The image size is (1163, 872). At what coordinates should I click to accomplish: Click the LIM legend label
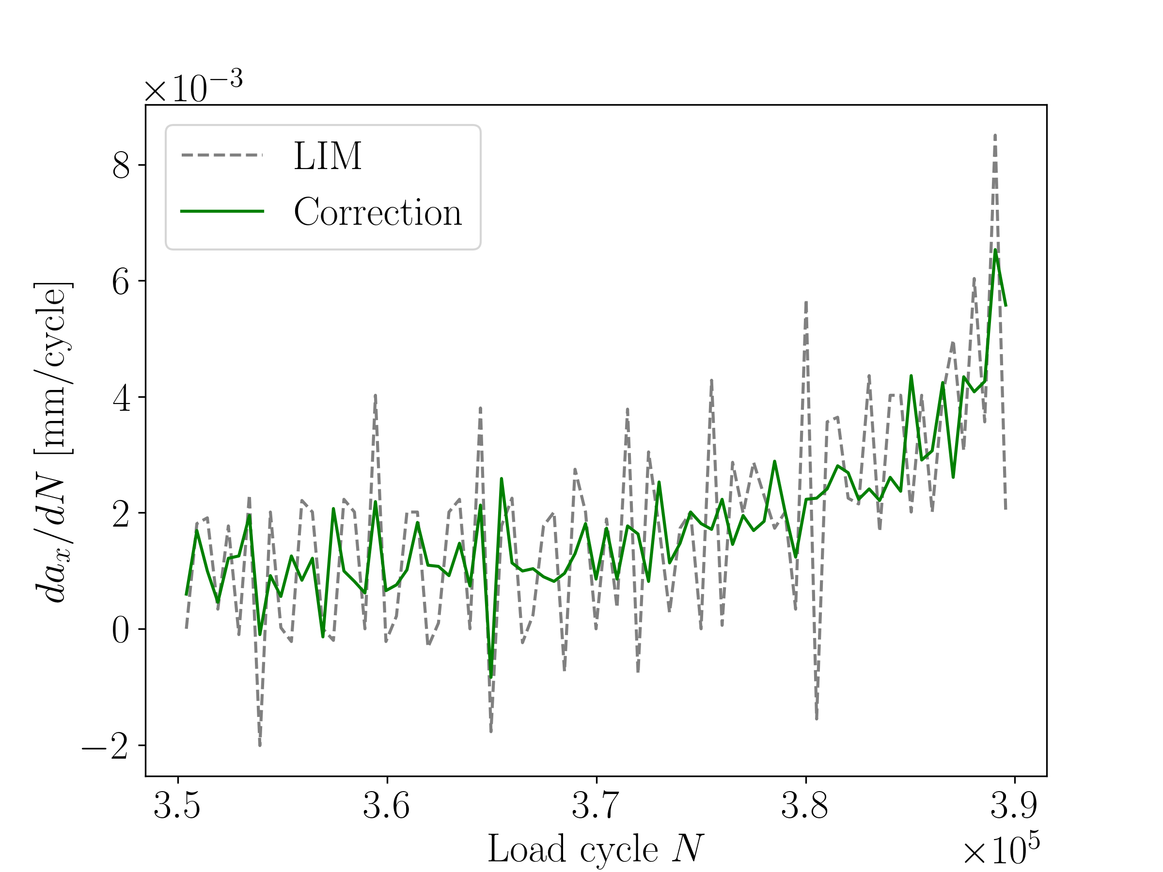328,156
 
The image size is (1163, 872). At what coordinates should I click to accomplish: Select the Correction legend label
377,212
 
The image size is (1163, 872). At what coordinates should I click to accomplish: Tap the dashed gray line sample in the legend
222,155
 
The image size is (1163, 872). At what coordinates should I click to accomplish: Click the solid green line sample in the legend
222,211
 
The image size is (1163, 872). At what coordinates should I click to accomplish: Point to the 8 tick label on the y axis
121,166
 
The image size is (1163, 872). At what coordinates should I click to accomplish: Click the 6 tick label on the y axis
121,282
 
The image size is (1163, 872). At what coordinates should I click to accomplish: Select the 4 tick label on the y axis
121,398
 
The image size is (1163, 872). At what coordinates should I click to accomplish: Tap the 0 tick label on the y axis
121,630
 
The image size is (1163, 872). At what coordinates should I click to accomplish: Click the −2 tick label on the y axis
105,746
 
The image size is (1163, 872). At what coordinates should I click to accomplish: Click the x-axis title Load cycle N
595,848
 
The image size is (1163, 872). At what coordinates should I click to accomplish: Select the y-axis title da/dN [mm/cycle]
52,441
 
